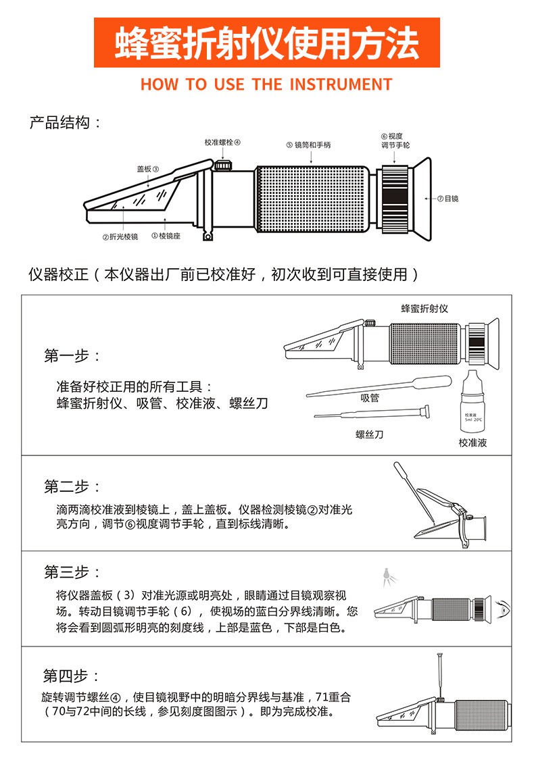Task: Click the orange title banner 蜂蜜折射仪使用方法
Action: click(266, 43)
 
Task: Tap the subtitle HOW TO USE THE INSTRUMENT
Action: click(266, 85)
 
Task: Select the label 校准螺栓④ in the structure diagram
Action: click(222, 143)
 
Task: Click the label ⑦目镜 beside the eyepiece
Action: click(447, 199)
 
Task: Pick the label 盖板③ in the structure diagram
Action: click(147, 169)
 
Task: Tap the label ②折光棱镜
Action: click(120, 236)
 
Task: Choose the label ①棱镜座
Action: click(166, 236)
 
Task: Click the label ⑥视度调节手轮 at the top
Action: click(395, 141)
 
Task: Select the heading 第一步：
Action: click(72, 356)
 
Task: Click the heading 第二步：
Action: click(72, 486)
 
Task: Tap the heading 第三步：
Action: click(72, 572)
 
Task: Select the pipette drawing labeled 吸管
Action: click(379, 386)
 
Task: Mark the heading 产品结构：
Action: click(66, 123)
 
